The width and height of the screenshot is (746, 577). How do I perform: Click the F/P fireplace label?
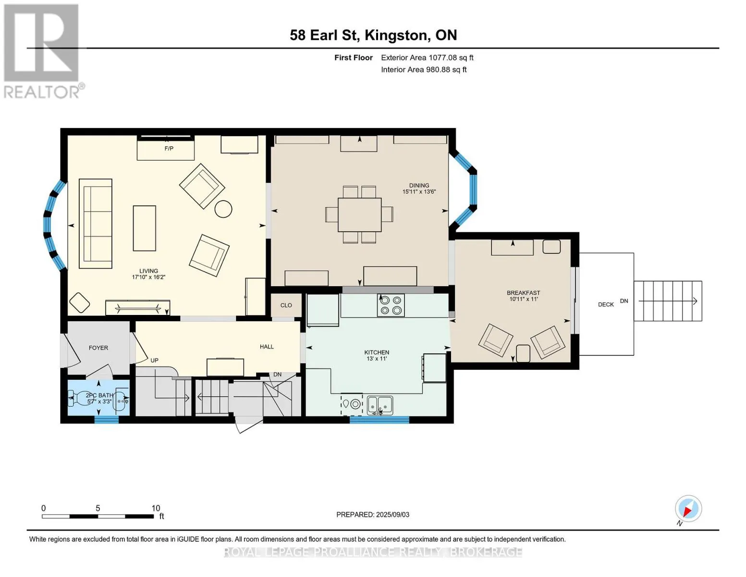(169, 149)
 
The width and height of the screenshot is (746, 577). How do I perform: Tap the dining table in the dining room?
(359, 215)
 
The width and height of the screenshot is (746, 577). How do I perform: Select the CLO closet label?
(286, 305)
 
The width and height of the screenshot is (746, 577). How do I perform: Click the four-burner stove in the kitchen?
(391, 305)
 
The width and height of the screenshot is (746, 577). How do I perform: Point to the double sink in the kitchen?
(379, 405)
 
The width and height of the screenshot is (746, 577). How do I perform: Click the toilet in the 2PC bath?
(78, 398)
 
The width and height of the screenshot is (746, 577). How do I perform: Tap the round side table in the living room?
(223, 209)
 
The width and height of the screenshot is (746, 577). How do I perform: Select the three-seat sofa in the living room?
(96, 224)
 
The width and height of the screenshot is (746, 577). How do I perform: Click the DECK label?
(606, 304)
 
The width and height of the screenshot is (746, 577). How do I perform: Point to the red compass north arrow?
(687, 512)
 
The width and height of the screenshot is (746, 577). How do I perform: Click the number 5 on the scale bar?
(98, 508)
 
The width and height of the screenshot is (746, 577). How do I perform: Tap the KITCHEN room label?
(377, 352)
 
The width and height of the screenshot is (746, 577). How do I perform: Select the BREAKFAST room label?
(523, 293)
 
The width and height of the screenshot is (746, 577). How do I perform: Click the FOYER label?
(98, 348)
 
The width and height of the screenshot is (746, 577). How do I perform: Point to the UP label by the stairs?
(155, 361)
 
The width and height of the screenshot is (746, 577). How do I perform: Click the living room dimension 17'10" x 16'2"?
(148, 277)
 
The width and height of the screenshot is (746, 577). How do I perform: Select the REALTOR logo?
(43, 51)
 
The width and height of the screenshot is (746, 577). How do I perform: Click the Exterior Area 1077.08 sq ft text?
(427, 58)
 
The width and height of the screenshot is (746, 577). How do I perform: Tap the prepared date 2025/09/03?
(392, 514)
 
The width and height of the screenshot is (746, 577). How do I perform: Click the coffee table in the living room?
(145, 228)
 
